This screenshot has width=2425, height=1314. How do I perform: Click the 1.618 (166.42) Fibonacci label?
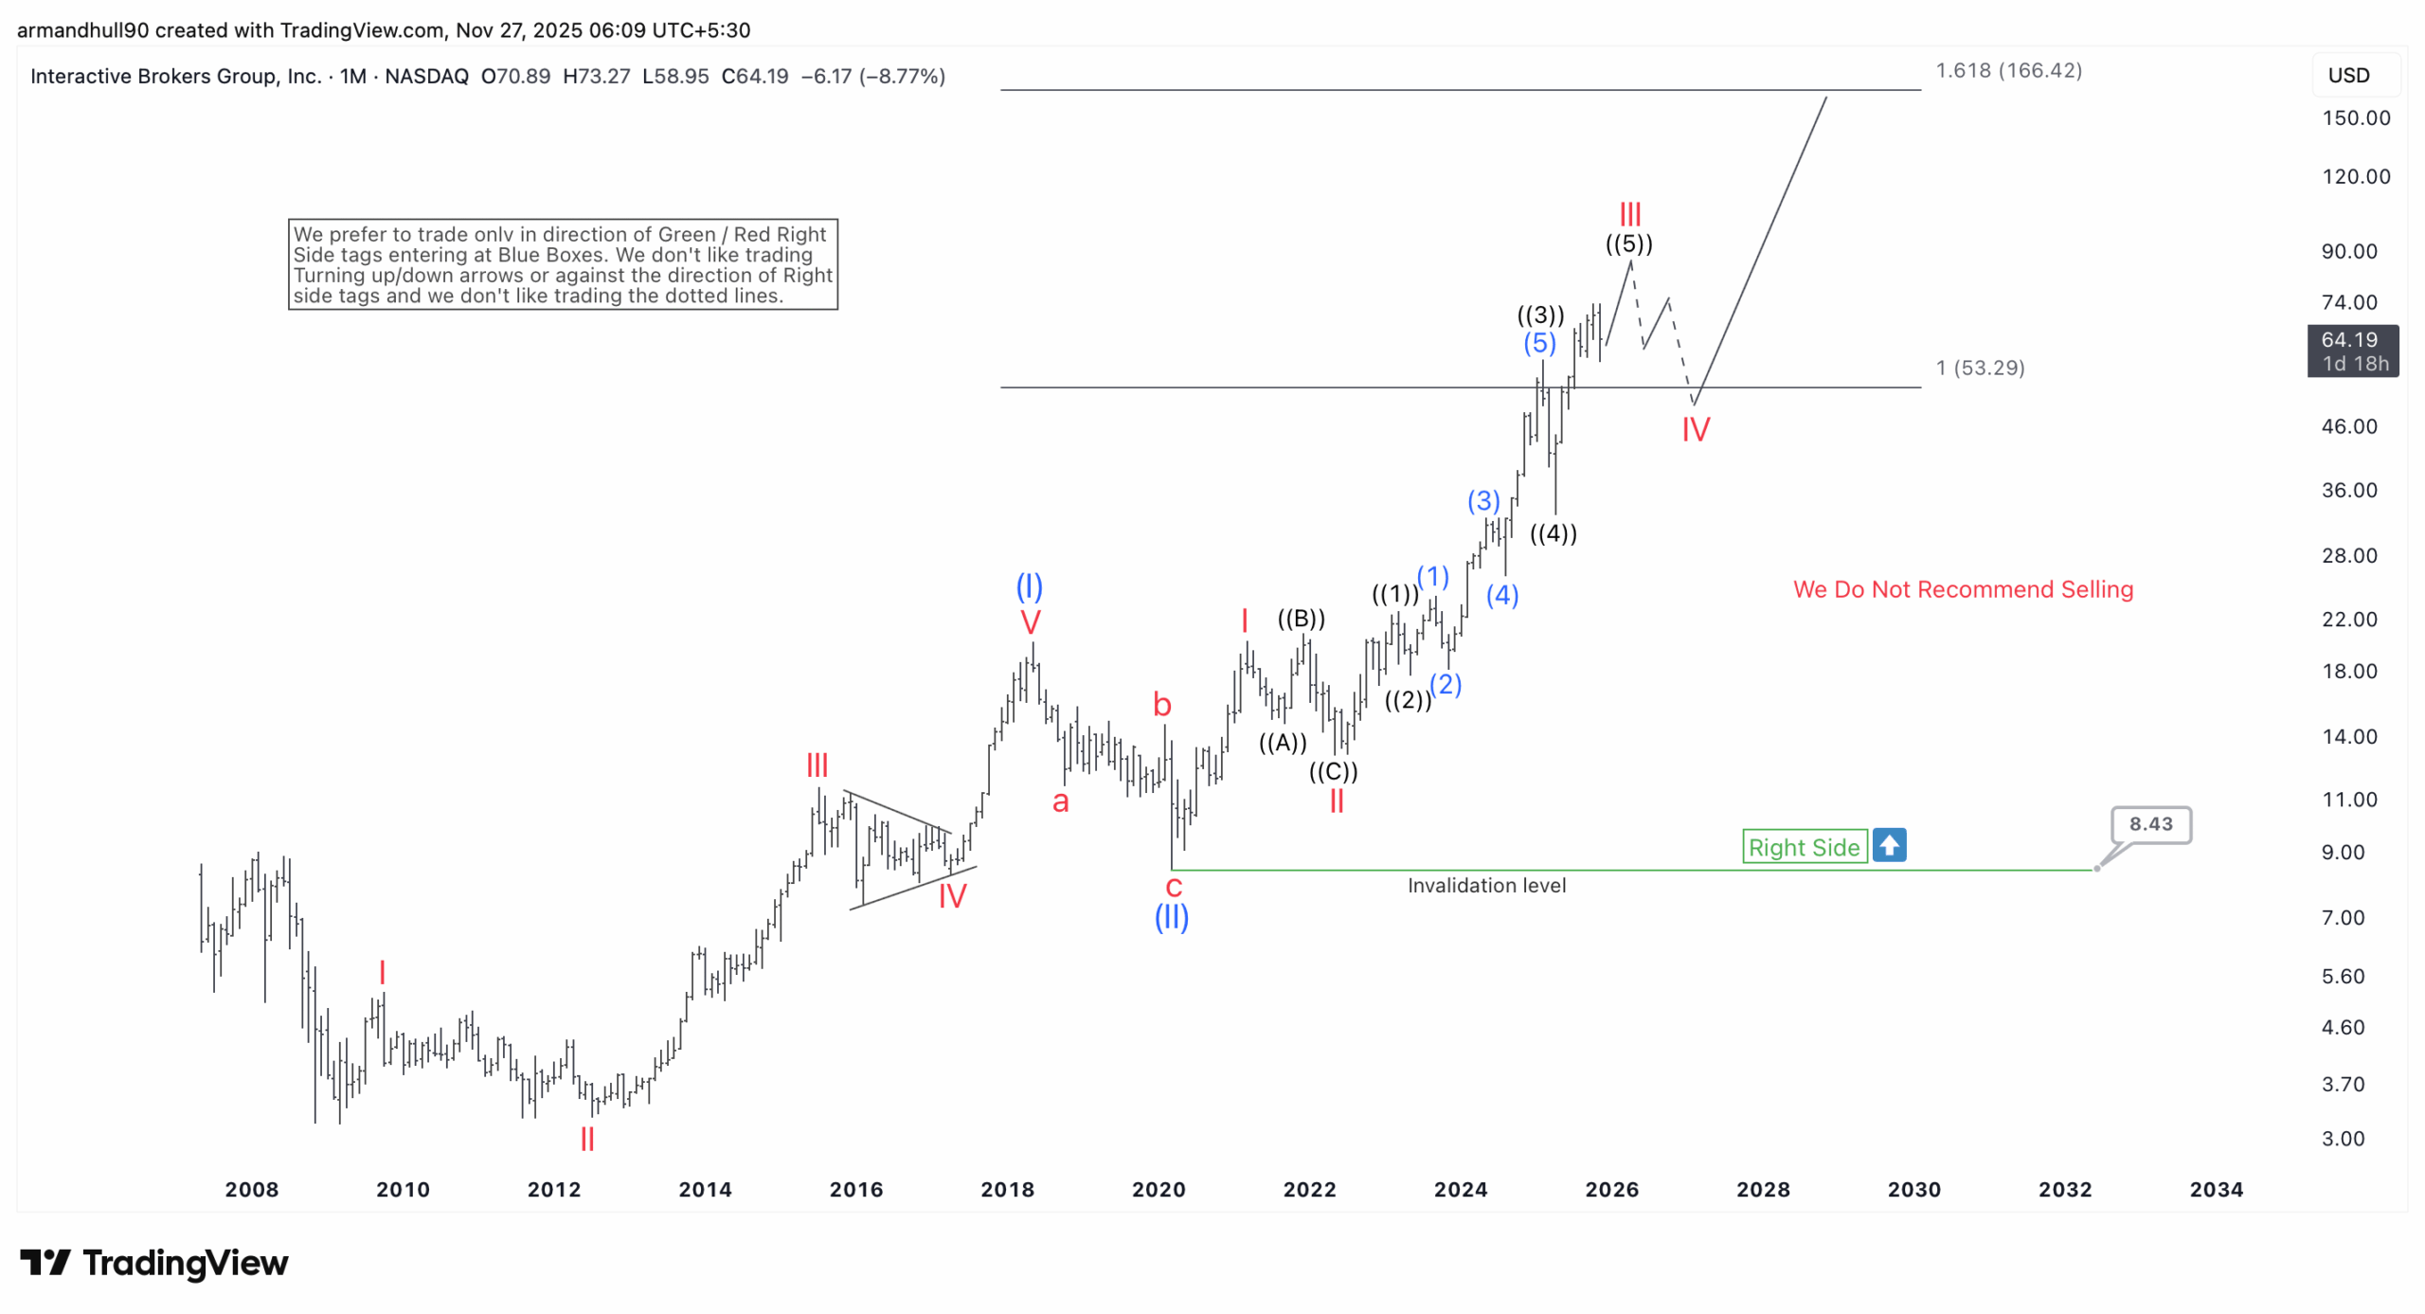[2007, 71]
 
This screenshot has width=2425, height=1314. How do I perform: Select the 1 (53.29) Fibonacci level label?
[1979, 368]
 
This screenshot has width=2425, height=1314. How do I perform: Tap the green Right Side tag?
[1803, 847]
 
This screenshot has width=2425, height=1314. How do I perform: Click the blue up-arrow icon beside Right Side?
[1889, 845]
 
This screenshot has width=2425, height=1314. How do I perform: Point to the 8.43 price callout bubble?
[2149, 824]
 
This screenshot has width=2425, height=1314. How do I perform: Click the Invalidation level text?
[1485, 885]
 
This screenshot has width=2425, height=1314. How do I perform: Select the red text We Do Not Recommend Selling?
[1962, 589]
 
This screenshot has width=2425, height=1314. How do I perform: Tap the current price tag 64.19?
[2351, 351]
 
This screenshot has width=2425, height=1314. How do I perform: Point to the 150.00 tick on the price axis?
[2355, 118]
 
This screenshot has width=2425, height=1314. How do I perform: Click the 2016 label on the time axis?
[855, 1189]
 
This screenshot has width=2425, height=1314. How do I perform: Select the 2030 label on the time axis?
[1913, 1189]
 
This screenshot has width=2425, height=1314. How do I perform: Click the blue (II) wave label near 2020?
[1171, 917]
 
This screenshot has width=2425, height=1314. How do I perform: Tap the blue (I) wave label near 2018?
[1029, 586]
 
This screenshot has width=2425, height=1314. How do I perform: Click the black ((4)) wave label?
[1553, 533]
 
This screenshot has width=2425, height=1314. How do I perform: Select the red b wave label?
[1161, 705]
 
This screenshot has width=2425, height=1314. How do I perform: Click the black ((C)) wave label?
[1333, 771]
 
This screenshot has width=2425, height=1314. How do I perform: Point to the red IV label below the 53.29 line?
[1695, 430]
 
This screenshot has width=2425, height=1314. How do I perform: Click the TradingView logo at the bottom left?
[154, 1263]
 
